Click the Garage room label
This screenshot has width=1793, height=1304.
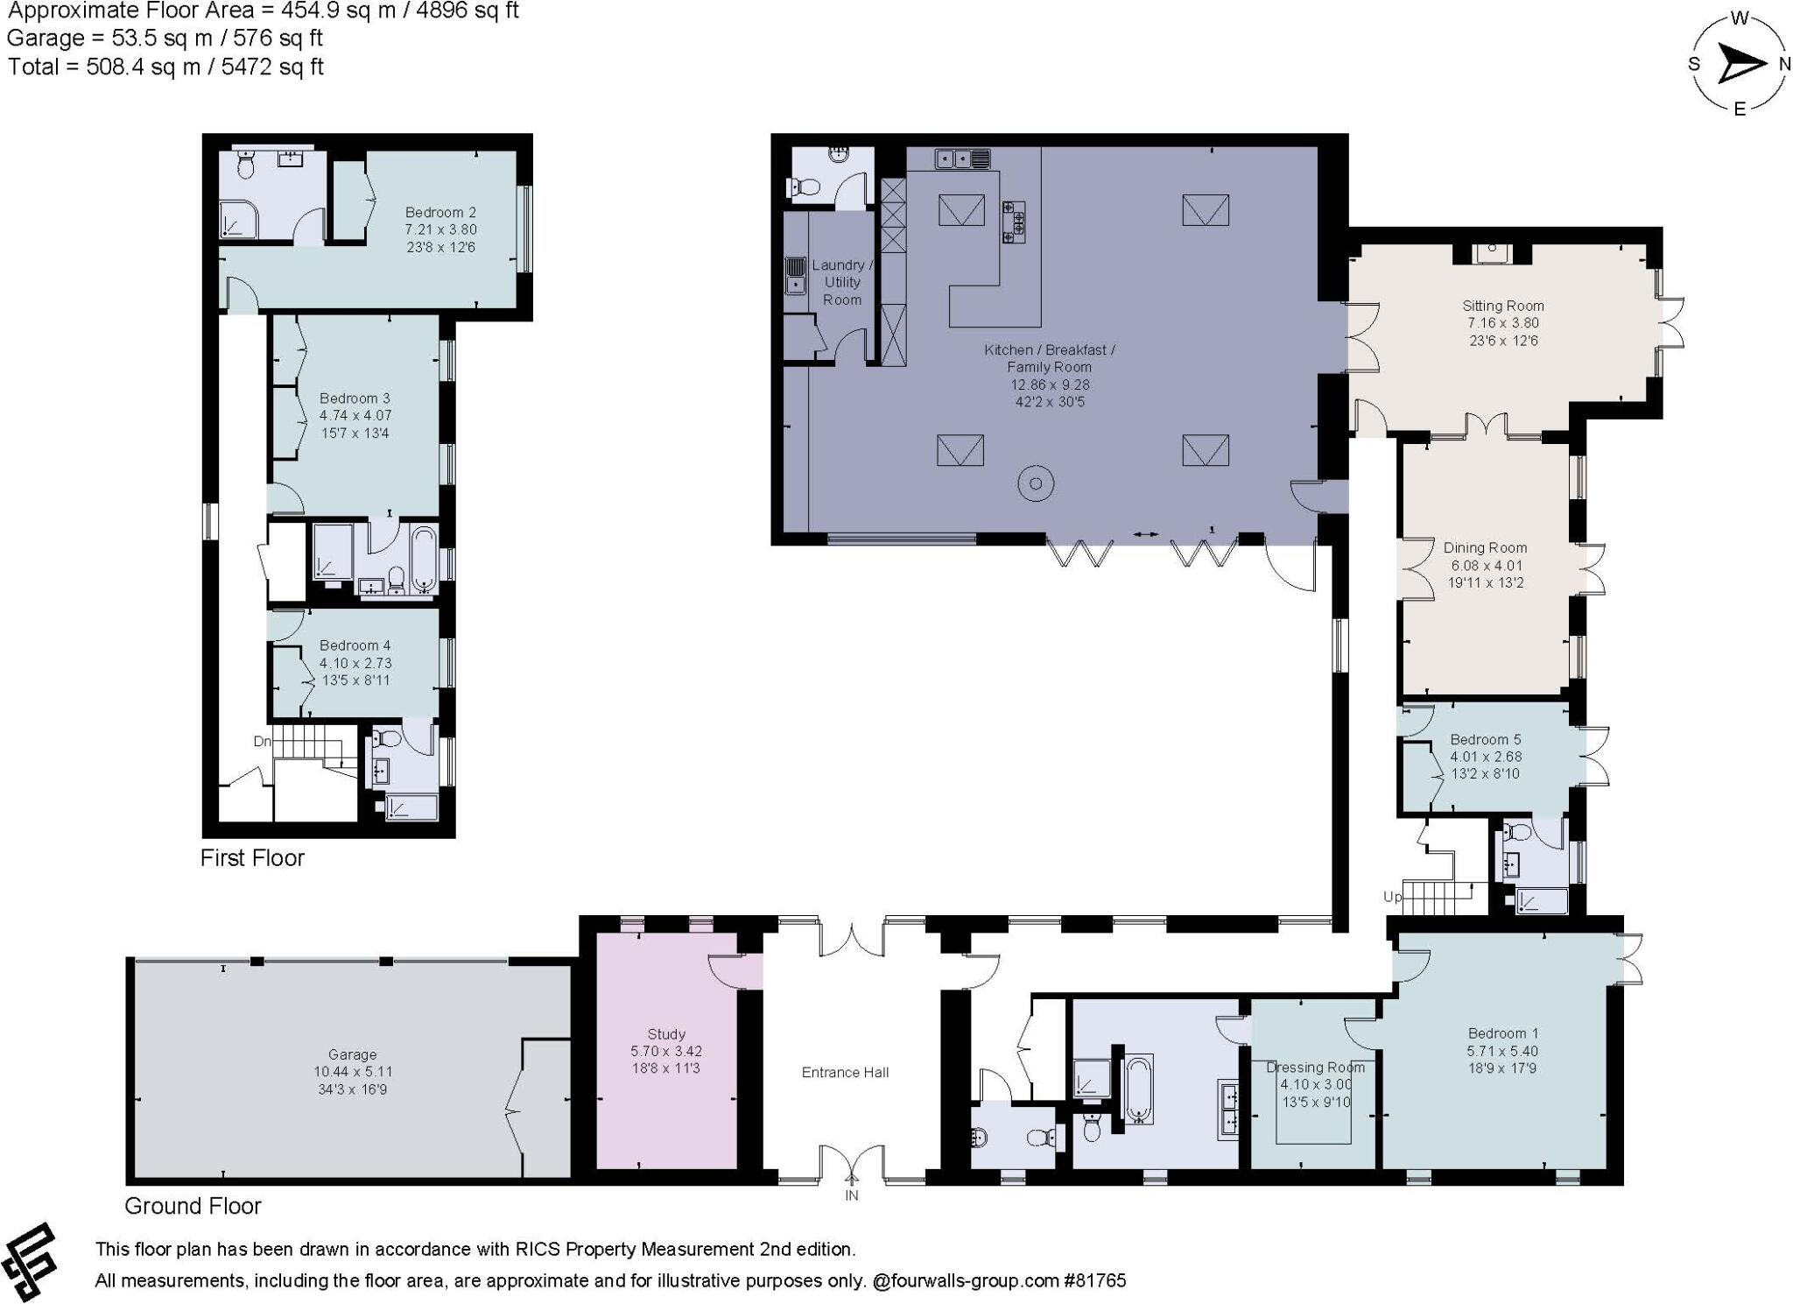tap(352, 1054)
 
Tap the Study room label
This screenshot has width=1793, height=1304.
tap(666, 1033)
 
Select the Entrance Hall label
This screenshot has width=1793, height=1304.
tap(845, 1072)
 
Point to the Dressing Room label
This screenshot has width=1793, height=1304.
tap(1315, 1067)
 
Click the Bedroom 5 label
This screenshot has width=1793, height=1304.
tap(1486, 739)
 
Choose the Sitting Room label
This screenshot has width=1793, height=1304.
tap(1503, 306)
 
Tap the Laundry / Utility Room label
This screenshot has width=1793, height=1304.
tap(841, 282)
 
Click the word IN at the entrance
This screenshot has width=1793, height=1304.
tap(851, 1195)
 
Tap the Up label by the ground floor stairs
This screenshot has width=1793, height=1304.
tap(1392, 897)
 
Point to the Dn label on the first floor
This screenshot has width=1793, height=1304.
tap(263, 742)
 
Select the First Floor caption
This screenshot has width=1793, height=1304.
tap(252, 857)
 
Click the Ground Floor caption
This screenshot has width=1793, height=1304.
tap(193, 1206)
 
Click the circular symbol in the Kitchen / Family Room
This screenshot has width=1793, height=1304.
tap(1036, 483)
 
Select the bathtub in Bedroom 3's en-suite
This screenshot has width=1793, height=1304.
tap(424, 560)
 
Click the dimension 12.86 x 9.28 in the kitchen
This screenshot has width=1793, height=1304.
tap(1050, 384)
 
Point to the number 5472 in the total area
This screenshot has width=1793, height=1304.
tap(248, 67)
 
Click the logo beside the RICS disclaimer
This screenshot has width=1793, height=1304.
tap(30, 1262)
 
